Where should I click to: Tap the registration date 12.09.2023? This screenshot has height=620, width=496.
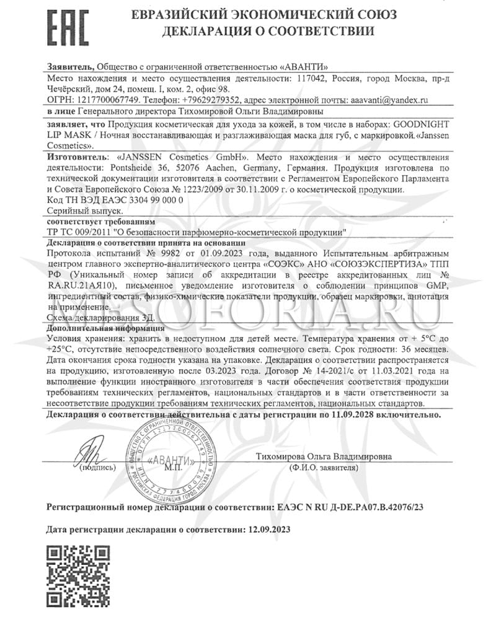point(268,530)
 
